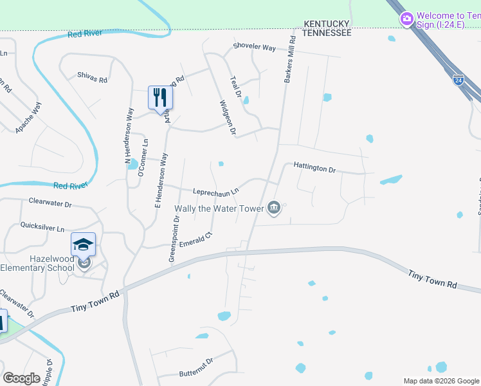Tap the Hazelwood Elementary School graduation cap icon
coord(83,244)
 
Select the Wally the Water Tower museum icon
coord(274,207)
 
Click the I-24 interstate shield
coord(458,80)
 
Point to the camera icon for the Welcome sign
coord(406,19)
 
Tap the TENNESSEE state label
coord(327,32)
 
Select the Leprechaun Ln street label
coord(216,191)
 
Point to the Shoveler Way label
coord(254,48)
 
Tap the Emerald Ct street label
coord(195,241)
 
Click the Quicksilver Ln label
coord(42,228)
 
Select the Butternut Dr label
coord(195,367)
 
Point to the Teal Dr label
coord(235,86)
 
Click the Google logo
coord(21,378)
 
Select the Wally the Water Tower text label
coord(219,208)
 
